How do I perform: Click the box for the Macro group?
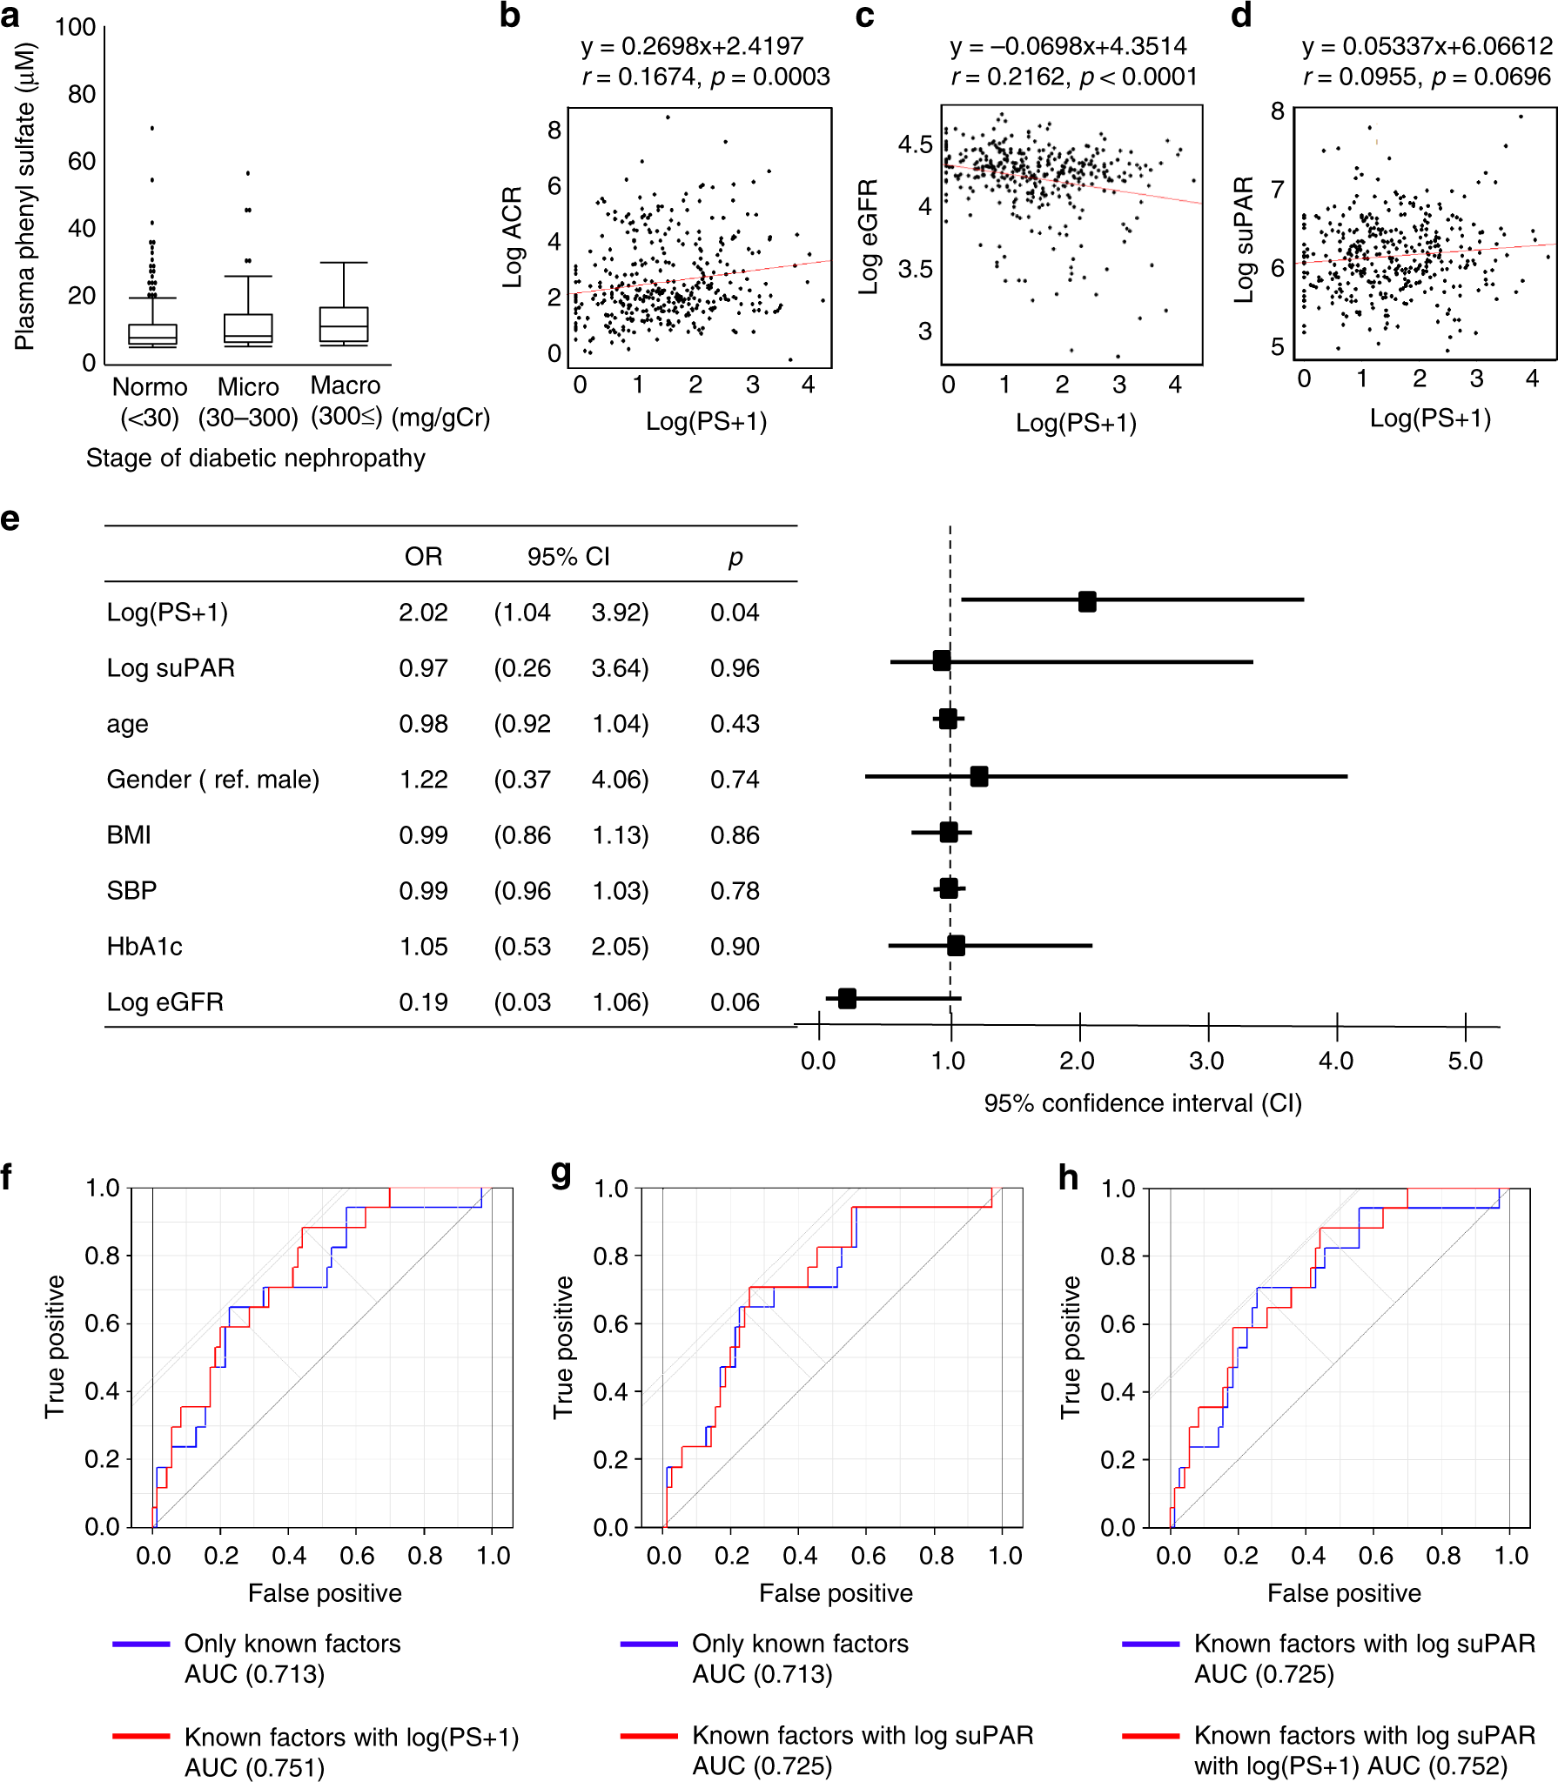pos(344,325)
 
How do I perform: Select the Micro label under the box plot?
pos(248,386)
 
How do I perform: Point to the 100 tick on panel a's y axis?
pos(76,27)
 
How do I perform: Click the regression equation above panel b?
pos(692,46)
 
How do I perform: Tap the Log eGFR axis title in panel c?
pos(869,237)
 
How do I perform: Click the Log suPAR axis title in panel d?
pos(1245,239)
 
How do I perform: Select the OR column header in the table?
pos(423,557)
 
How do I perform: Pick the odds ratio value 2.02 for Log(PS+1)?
pos(423,613)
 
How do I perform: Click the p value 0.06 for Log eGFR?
pos(735,1002)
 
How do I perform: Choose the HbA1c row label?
pos(144,947)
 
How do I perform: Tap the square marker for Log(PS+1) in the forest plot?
pos(1087,600)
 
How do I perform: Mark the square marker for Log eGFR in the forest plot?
pos(847,998)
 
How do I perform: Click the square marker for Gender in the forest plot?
pos(979,776)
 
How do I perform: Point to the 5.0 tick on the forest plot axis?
pos(1466,1061)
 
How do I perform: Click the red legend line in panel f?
pos(141,1736)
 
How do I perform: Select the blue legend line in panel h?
pos(1151,1644)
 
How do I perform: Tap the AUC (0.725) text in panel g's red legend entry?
pos(762,1766)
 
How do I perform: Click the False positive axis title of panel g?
pos(836,1593)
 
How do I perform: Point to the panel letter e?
pos(10,519)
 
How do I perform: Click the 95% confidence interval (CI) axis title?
pos(1143,1103)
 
